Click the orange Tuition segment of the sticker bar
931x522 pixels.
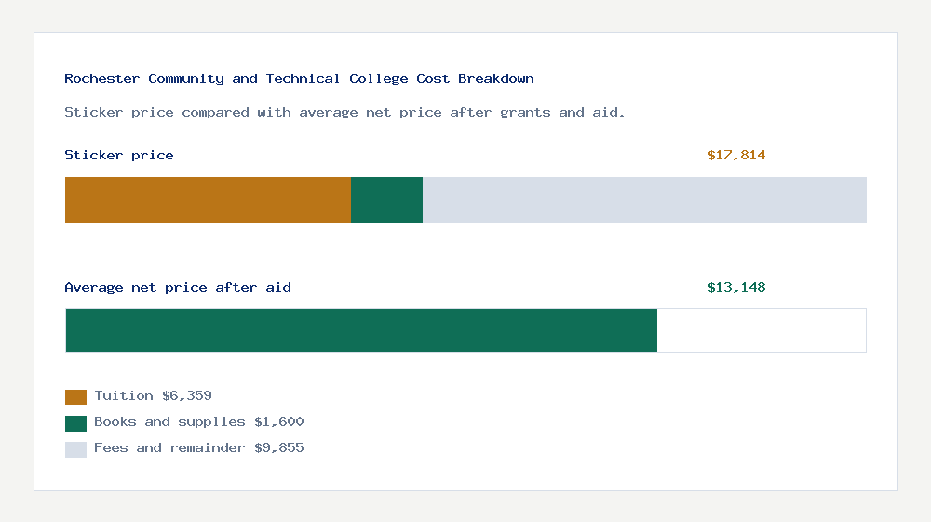(x=208, y=199)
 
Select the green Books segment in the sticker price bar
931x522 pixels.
(x=386, y=199)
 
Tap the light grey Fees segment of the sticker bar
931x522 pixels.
(x=644, y=199)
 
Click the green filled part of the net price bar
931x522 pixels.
(x=361, y=330)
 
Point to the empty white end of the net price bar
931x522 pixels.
(x=762, y=330)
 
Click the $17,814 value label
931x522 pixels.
(x=736, y=156)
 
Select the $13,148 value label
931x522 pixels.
(x=736, y=288)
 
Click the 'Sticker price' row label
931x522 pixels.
(x=119, y=156)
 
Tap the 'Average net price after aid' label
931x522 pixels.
(x=178, y=288)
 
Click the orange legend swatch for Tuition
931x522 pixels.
(x=75, y=397)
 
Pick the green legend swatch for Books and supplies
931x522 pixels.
(x=75, y=423)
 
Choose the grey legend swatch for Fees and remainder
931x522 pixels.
(x=75, y=449)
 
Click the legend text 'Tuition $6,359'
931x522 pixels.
(x=153, y=396)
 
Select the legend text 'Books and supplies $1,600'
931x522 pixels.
(x=198, y=422)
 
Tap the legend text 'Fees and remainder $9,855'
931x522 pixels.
(x=198, y=448)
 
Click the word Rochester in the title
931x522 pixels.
(x=102, y=79)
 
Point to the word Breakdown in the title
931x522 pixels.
(x=496, y=79)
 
